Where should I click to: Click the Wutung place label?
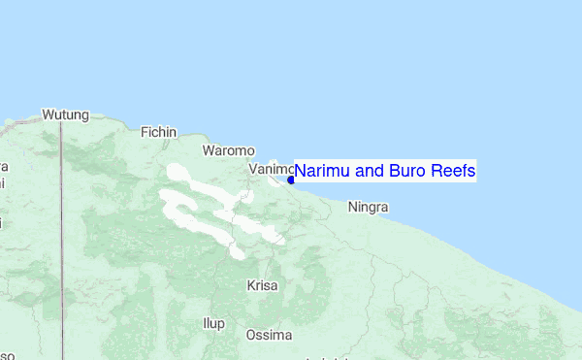[65, 115]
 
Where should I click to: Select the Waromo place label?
[228, 150]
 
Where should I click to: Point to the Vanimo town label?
[270, 169]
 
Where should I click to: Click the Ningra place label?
[368, 207]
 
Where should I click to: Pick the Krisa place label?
[262, 285]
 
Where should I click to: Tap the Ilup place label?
[212, 321]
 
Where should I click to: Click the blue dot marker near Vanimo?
[291, 180]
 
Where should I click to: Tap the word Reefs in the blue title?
[452, 172]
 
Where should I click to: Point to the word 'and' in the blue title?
[367, 172]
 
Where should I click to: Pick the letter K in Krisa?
[251, 285]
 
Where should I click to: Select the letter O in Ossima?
[251, 335]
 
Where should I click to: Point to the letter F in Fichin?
[145, 132]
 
